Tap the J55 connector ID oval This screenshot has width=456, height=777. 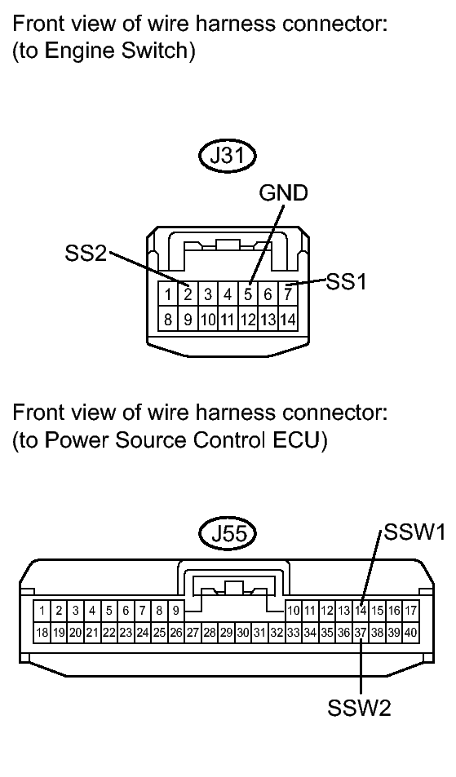click(228, 535)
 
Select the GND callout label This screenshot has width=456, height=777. click(284, 193)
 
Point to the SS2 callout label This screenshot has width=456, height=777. click(86, 254)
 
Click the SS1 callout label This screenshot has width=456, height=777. click(346, 281)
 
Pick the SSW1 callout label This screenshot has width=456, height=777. click(415, 532)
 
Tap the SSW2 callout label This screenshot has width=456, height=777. click(360, 707)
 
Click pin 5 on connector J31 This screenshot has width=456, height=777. click(248, 294)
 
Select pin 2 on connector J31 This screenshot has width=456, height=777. click(188, 294)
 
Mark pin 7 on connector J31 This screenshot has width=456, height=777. click(288, 294)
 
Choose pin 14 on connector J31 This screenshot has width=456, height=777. click(288, 319)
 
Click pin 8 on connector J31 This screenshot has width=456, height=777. click(168, 319)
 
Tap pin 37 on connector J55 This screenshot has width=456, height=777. click(361, 633)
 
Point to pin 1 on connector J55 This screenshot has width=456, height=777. click(42, 610)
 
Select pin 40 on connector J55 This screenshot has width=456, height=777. click(410, 633)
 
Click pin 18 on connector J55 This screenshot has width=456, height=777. click(42, 633)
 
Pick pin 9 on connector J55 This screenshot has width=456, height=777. click(176, 610)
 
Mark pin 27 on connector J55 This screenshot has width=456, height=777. click(193, 633)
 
